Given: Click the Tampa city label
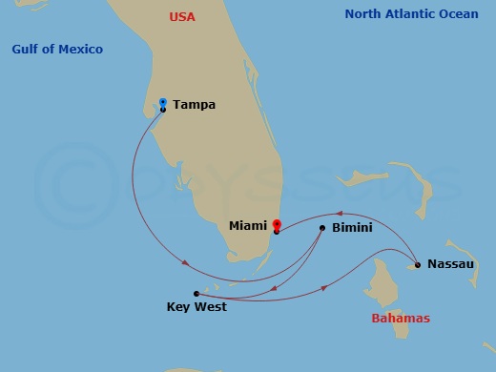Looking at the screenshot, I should (x=194, y=105).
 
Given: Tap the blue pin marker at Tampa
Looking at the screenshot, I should (x=163, y=102).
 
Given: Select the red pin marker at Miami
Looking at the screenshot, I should (x=277, y=225).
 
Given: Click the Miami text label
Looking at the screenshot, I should (x=248, y=226).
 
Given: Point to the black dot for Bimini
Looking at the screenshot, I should (x=322, y=227).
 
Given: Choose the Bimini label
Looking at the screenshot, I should (x=352, y=228).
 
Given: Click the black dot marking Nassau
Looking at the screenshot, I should (x=418, y=264).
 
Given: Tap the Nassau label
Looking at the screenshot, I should (x=450, y=263).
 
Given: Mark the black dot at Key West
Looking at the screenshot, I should (x=196, y=294).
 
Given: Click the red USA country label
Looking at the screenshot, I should (x=181, y=16).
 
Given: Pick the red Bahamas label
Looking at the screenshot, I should (x=401, y=319).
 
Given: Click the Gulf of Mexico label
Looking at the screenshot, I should (x=57, y=49).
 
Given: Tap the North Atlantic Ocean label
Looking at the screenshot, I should (x=412, y=14).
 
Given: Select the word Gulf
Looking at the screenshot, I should (x=26, y=49).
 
